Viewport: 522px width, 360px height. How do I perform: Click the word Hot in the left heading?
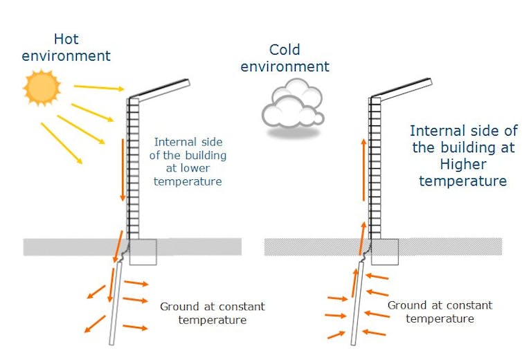coord(66,39)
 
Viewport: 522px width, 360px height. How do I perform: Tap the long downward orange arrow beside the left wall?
coord(123,170)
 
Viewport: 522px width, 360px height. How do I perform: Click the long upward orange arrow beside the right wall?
coord(364,170)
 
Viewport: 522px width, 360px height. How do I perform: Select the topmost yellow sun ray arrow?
coord(98,88)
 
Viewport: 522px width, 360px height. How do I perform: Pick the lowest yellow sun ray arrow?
coord(61,143)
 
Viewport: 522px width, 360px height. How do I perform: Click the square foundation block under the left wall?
coord(143,251)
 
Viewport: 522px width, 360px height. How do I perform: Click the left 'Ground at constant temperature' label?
coord(212,313)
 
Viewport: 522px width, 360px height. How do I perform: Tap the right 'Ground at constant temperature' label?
coord(440,312)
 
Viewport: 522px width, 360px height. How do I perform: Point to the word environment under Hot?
coord(66,56)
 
